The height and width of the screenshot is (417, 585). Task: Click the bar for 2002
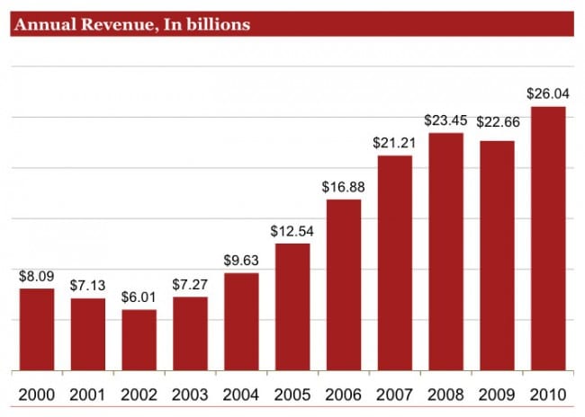coord(139,341)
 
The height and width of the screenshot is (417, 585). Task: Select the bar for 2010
coord(548,239)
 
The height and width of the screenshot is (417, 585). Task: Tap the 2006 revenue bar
coord(344,285)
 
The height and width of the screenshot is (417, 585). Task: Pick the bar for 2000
coord(37,330)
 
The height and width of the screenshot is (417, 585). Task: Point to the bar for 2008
coord(445,252)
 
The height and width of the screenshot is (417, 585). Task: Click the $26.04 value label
coord(548,93)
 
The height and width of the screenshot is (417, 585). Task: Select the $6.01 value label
coord(139,297)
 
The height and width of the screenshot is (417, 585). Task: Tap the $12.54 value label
coord(292,230)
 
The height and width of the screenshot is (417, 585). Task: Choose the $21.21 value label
coord(394,142)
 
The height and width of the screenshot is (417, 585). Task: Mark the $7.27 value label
coord(191,283)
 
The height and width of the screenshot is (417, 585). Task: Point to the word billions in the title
coord(216,25)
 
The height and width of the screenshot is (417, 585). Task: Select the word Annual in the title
coord(40,25)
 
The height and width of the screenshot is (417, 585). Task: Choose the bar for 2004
coord(241,322)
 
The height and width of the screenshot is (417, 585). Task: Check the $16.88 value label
coord(344,186)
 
